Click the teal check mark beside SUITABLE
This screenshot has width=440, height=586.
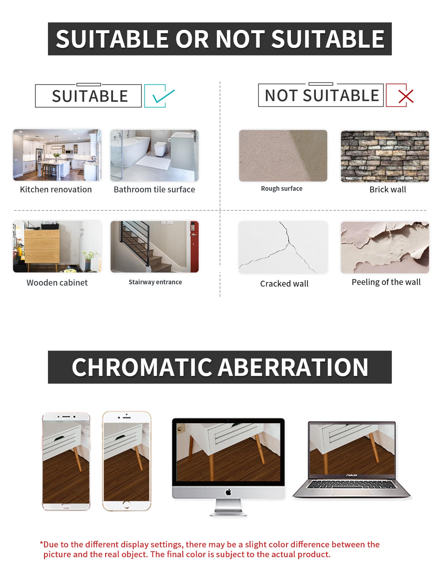pos(163,97)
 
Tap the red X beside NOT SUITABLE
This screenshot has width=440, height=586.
pos(406,97)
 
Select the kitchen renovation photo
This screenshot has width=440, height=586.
pos(57,155)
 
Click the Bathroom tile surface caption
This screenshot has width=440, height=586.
pos(154,189)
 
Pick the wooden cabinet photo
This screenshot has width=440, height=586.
pos(57,247)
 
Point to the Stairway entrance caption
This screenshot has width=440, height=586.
pos(155,282)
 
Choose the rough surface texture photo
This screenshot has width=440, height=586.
pos(283,156)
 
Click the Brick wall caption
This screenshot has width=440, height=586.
pos(388,189)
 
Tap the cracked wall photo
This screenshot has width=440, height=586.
pos(283,247)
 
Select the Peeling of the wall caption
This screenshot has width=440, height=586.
pos(386,282)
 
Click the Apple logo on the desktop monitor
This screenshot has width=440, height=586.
pos(229,492)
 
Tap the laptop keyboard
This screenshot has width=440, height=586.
pos(352,485)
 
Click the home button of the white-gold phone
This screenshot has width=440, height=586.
pos(126,505)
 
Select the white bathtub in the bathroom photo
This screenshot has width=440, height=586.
pos(131,151)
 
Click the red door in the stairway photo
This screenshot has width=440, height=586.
pos(194,247)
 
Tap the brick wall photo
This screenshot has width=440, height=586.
pos(385,156)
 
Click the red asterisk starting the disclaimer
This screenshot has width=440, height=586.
pos(41,543)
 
